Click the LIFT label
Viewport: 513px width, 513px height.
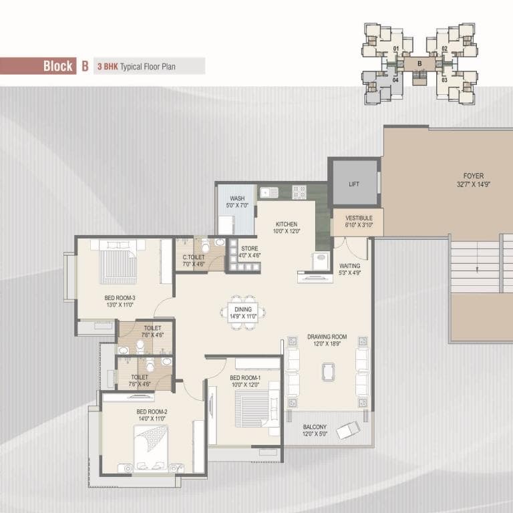353,184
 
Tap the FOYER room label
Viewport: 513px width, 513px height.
474,176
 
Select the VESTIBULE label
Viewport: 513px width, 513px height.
359,218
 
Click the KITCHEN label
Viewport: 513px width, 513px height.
287,224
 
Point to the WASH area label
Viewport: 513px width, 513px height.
237,198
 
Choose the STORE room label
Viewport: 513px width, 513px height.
249,248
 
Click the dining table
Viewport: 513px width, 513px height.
242,312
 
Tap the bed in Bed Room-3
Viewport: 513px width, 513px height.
118,262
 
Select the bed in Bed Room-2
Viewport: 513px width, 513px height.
151,449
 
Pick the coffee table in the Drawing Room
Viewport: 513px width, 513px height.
328,371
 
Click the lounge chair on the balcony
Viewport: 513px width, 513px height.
348,430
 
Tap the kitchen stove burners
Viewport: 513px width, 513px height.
299,192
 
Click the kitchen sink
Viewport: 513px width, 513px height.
269,192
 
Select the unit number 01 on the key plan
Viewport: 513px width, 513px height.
396,49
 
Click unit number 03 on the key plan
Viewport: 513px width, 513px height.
444,80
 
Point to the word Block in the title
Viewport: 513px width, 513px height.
58,65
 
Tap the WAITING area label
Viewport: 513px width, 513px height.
350,266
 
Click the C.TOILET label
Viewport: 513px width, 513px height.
193,257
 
